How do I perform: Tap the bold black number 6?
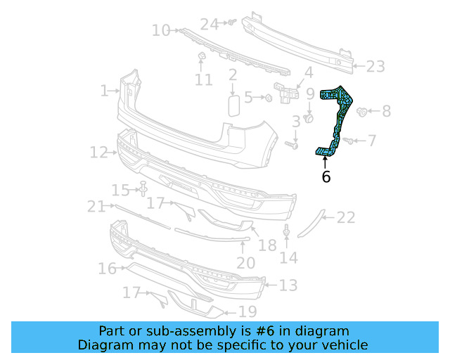pos(326,176)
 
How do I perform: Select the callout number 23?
pos(375,67)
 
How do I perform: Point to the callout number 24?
pos(210,24)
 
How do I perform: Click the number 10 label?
pos(161,30)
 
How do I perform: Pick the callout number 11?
pos(203,80)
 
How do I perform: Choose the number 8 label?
pos(387,111)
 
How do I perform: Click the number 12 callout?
pos(98,152)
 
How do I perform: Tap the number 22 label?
pos(346,217)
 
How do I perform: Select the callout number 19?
pos(247,311)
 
